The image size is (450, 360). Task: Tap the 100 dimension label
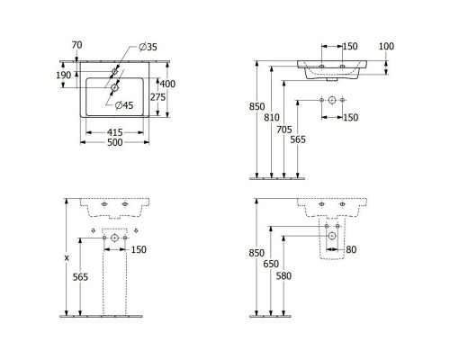coord(387,45)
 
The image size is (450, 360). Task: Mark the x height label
coord(66,257)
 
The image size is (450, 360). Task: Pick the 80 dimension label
coord(351,248)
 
